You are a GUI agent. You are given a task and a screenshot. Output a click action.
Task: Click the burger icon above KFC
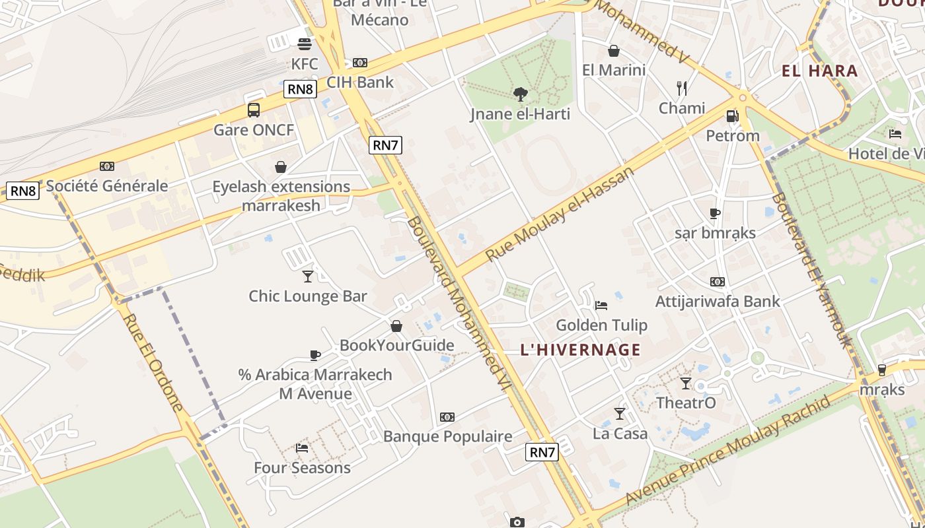coord(305,44)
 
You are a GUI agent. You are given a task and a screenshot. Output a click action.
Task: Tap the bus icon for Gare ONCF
coord(254,110)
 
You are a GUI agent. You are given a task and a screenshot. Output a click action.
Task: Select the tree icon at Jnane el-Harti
coord(521,94)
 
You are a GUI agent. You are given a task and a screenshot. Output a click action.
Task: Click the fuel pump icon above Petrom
coord(732,116)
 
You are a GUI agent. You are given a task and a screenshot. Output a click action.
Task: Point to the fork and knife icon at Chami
coord(682,88)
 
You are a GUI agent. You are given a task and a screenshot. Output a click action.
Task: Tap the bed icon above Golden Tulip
coord(601,305)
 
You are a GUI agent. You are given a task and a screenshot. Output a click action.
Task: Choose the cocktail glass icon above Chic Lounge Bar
coord(307,276)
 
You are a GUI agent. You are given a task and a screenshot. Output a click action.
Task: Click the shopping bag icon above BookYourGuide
coord(396,325)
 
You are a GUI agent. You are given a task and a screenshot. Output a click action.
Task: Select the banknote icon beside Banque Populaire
coord(447,416)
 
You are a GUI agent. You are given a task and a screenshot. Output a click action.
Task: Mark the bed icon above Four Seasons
coord(302,447)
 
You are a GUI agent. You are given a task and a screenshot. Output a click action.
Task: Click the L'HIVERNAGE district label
coord(581,350)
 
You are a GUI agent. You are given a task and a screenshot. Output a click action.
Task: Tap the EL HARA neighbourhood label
coord(820,71)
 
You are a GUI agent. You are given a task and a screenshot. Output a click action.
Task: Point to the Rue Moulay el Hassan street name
coord(560,213)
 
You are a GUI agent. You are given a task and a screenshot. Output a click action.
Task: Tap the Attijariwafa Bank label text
coord(718,302)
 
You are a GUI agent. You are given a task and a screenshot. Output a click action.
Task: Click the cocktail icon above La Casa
coord(619,414)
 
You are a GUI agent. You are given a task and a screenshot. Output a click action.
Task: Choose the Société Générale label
coord(107,186)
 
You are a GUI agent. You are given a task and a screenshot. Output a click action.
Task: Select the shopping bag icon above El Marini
coord(614,51)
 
